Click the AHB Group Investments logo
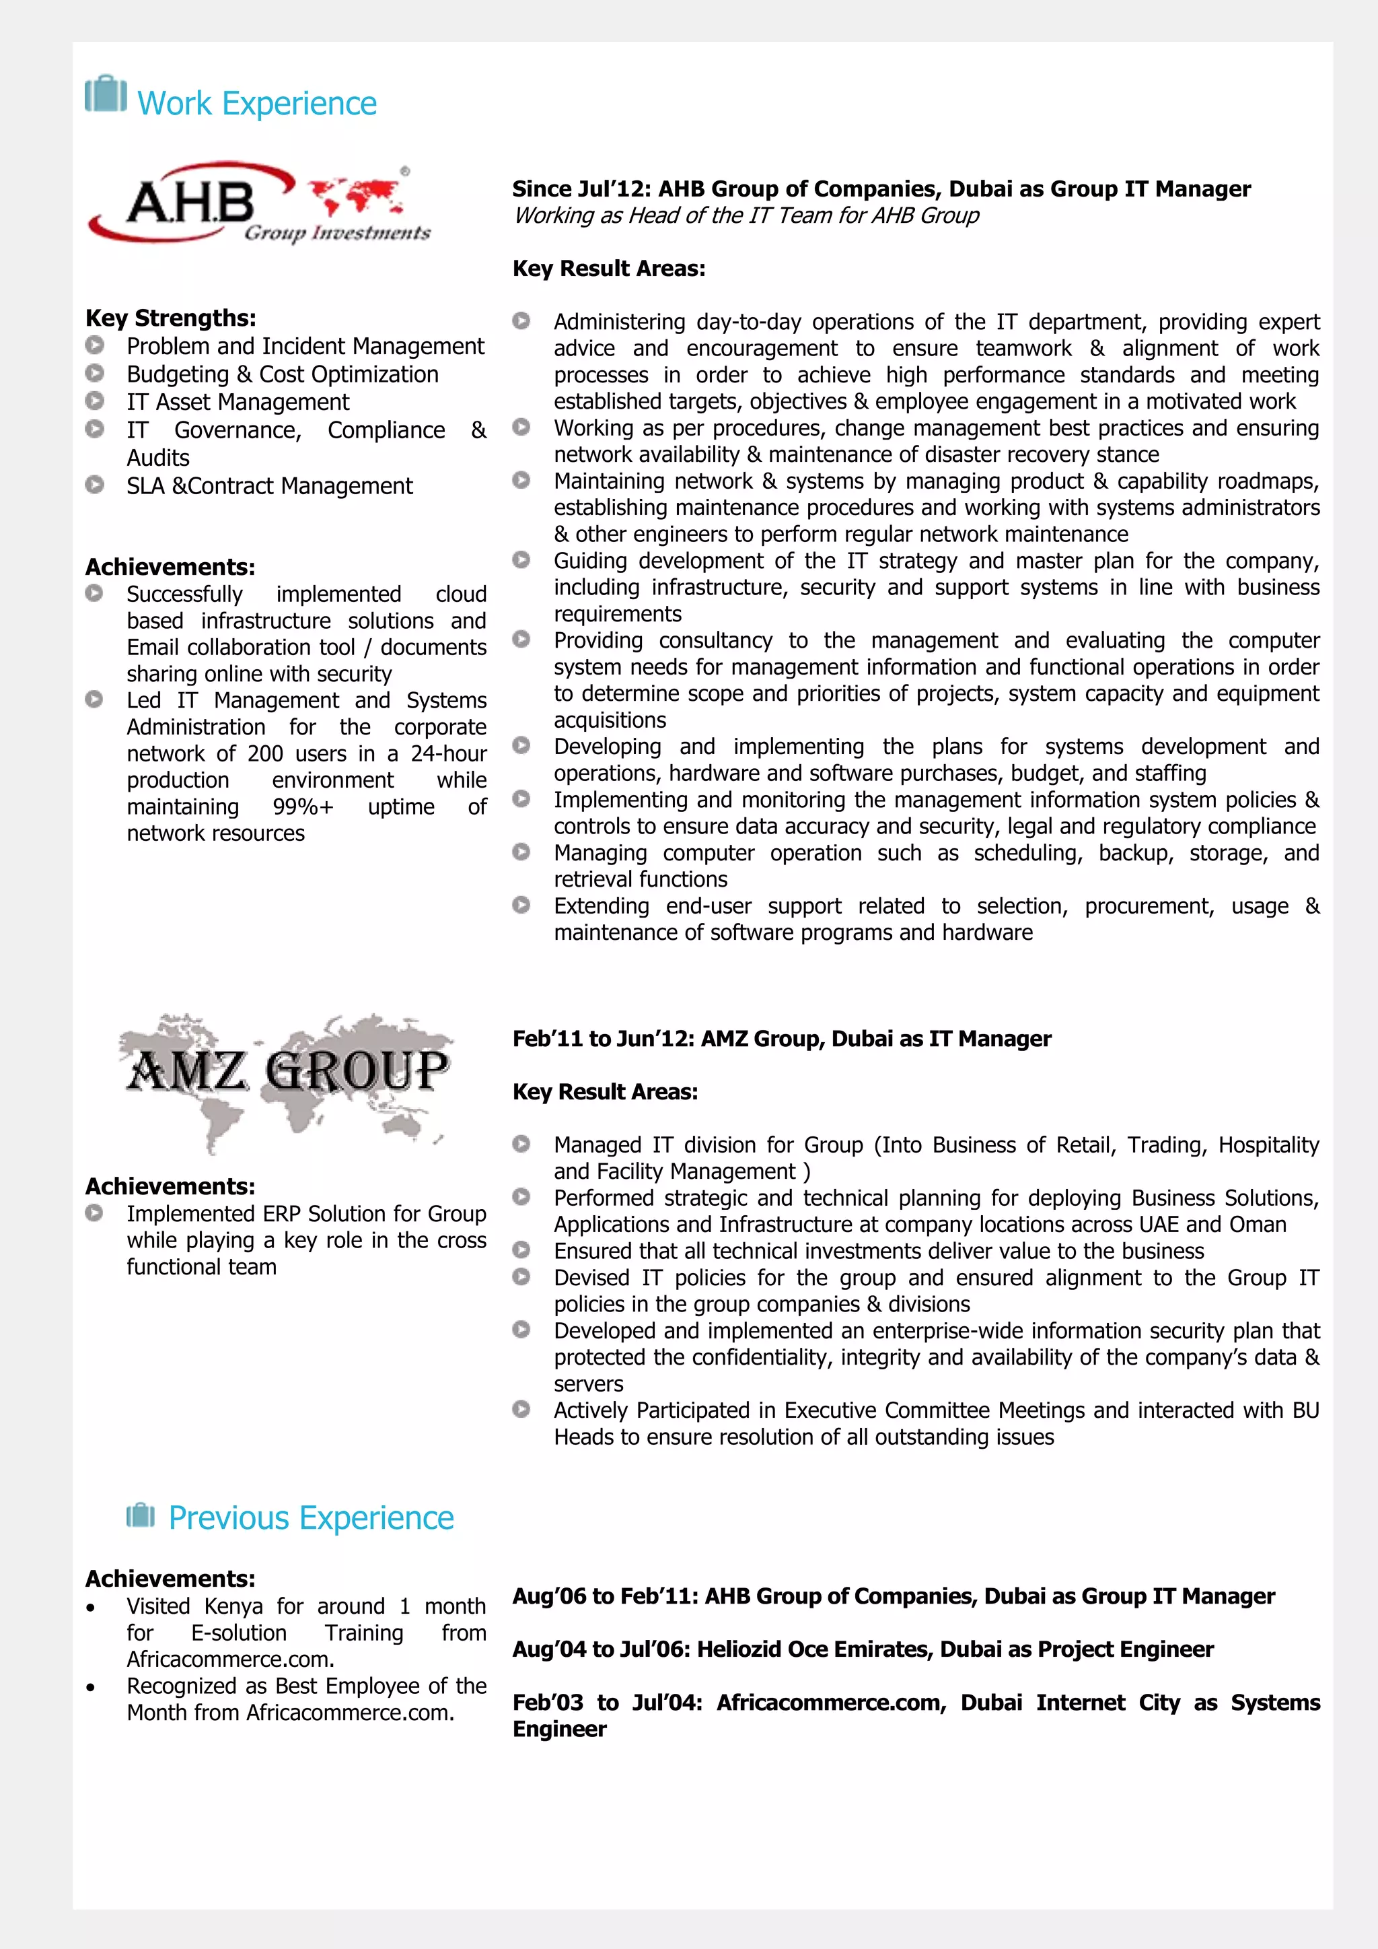259,204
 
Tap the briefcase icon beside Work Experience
106,94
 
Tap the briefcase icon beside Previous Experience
141,1515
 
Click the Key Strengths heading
170,318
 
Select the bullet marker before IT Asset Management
95,401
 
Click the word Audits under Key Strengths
158,458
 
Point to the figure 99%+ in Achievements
303,807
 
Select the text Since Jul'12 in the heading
581,189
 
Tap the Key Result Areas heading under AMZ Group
605,1092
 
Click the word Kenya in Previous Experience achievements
233,1606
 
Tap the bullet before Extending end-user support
521,905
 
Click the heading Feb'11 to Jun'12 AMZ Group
781,1039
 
